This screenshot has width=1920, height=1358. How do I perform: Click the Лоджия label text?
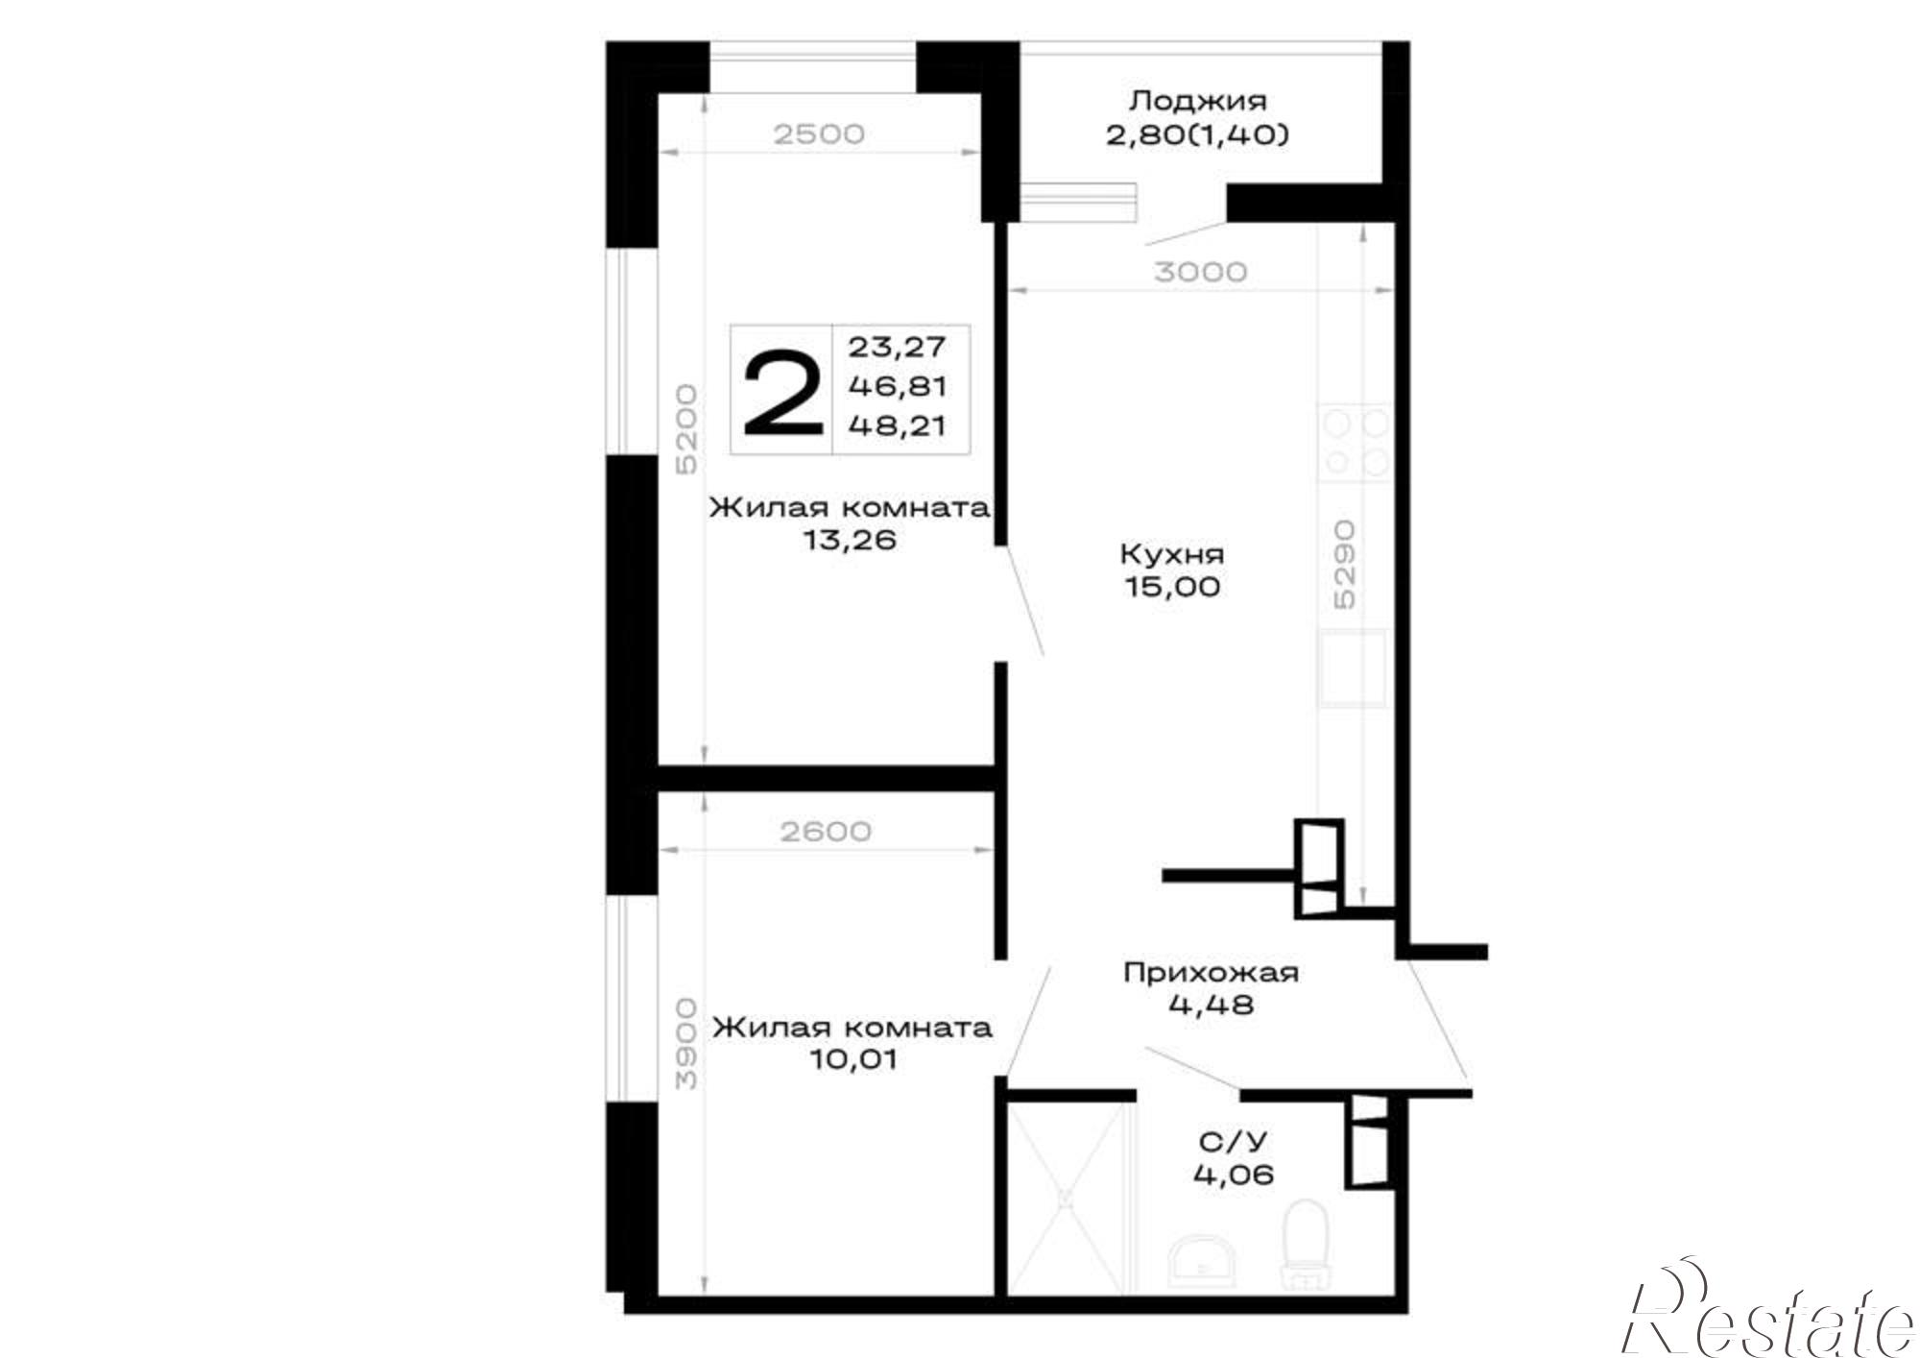[1197, 100]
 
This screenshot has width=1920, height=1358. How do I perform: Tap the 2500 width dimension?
[819, 134]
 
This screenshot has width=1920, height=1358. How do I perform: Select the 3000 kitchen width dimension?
[1200, 272]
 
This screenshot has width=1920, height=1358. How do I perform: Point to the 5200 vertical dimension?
[685, 430]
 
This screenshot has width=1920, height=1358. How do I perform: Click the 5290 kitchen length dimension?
[1344, 564]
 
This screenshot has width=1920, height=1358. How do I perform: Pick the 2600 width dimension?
[826, 831]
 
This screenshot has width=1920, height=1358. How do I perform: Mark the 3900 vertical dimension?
[685, 1043]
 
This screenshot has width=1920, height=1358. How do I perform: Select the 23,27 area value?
[897, 346]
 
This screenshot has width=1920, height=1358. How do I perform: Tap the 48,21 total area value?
[897, 425]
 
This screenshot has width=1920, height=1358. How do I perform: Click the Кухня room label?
[1172, 555]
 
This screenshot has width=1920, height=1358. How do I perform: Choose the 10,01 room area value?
[852, 1059]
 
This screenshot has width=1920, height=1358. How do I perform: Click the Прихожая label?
[1211, 973]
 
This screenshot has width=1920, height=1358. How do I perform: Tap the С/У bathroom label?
[1233, 1141]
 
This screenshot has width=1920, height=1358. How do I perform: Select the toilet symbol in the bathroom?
[1305, 1244]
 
